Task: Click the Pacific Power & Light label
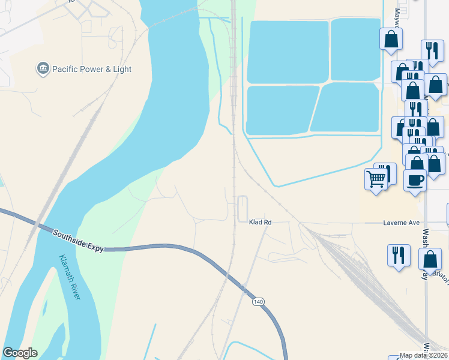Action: pos(92,69)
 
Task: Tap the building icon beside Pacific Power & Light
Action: pos(43,69)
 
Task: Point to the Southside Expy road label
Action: pos(78,241)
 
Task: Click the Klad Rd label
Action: pos(260,222)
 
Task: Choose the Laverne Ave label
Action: pos(401,223)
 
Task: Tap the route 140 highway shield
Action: pos(258,301)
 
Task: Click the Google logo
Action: pos(20,353)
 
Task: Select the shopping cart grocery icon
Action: pos(376,178)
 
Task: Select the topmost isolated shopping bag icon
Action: pos(391,39)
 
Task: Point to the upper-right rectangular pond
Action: pos(355,49)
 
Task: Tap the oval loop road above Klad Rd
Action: pos(243,208)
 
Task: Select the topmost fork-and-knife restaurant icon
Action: pos(430,50)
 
